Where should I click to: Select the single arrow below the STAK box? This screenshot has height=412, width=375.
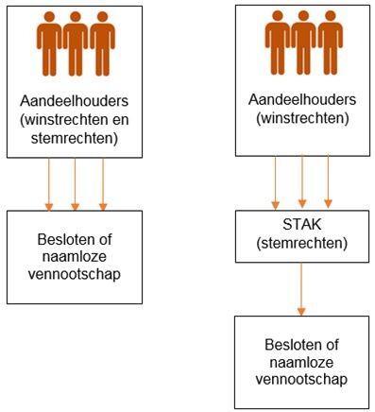pos(301,290)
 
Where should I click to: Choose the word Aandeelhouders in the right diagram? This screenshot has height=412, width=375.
pos(301,98)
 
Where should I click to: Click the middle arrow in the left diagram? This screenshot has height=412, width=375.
pos(74,183)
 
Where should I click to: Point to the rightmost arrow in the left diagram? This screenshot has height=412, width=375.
pos(102,183)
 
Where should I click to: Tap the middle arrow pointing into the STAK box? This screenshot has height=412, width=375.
pos(301,181)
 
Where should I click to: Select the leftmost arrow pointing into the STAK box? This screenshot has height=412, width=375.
pos(275,181)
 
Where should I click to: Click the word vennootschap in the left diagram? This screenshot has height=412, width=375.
pos(74,274)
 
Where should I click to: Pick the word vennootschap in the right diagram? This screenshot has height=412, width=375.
pos(301,379)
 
